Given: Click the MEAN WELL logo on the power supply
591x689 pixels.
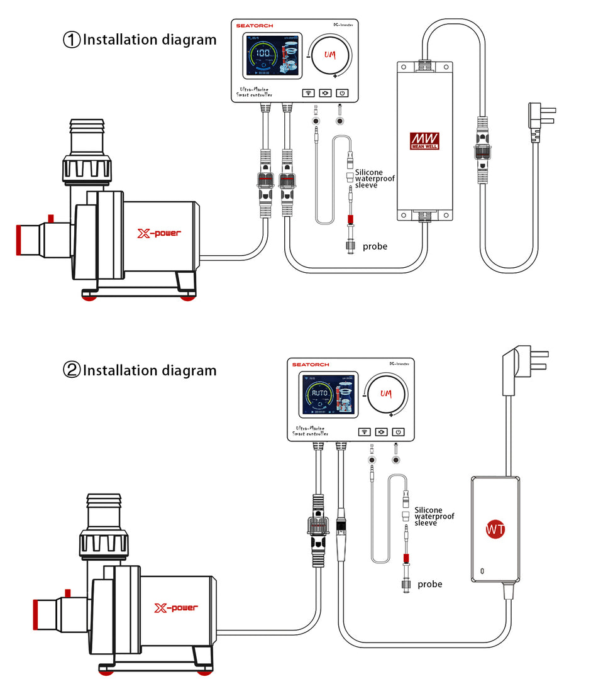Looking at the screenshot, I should (425, 140).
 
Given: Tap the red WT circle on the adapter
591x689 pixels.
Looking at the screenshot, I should (495, 529).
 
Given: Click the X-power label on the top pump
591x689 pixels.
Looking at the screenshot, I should (159, 233).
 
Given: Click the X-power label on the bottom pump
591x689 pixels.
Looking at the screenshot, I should (176, 608).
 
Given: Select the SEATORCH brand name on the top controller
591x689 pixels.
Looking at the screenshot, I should (255, 26).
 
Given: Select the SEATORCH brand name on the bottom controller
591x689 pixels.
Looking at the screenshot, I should (310, 365).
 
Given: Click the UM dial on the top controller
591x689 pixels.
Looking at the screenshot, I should (330, 55).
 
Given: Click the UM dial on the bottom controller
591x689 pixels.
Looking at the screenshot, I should (385, 394).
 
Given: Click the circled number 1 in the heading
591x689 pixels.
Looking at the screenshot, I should (72, 40).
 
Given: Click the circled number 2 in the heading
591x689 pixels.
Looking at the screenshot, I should (72, 370).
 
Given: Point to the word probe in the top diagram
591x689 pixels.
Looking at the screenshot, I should (375, 246).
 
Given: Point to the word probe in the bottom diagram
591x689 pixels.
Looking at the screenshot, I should (429, 585).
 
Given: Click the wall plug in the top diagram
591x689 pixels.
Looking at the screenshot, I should (540, 119).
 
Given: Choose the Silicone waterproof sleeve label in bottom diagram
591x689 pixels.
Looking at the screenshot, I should (434, 516).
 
